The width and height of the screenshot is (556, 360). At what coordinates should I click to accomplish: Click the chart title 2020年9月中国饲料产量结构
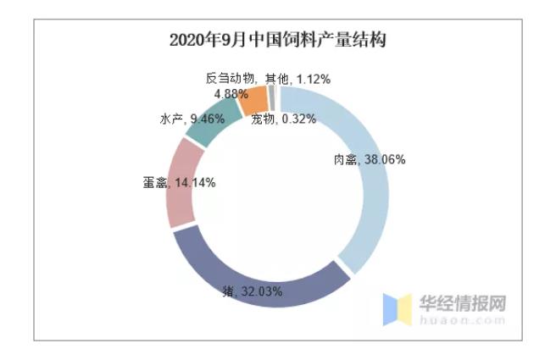pyautogui.click(x=277, y=40)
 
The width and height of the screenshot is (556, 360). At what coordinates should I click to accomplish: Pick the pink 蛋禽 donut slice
pyautogui.click(x=181, y=182)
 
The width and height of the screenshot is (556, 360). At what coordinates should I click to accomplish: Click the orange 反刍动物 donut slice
pyautogui.click(x=253, y=102)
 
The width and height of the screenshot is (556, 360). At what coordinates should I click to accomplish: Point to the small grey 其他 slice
pyautogui.click(x=271, y=98)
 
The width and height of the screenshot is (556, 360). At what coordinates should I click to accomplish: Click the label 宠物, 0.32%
pyautogui.click(x=284, y=119)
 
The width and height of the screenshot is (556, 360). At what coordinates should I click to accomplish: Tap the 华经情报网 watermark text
pyautogui.click(x=464, y=302)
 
